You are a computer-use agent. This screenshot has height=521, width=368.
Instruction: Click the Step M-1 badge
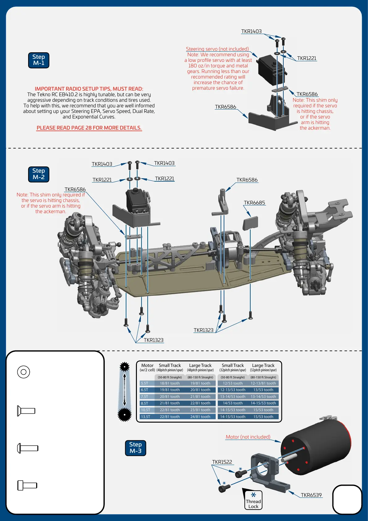pos(39,60)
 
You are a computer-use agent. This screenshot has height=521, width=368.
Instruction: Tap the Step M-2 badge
pos(39,174)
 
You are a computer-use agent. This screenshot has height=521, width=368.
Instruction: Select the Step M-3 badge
pos(135,448)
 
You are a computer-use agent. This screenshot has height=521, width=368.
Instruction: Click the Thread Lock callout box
pos(253,500)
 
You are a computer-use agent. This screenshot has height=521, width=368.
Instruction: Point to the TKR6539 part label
pos(311,495)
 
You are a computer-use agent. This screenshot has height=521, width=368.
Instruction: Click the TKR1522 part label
pos(222,462)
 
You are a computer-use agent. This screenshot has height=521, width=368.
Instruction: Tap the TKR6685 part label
pos(254,203)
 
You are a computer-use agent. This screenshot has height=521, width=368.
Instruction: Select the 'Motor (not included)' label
pos(248,437)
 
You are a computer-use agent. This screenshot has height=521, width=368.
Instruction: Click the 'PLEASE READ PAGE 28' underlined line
pos(89,128)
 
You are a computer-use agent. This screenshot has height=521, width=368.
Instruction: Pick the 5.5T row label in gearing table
pos(145,383)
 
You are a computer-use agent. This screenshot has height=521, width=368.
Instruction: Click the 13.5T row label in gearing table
pos(146,417)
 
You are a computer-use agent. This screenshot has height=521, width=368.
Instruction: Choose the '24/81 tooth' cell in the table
pos(200,417)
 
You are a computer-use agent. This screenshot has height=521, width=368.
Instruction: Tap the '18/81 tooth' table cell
pos(170,383)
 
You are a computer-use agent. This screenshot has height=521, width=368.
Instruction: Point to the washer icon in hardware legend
pos(23,372)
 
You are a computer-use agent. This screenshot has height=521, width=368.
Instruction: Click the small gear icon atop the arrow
pos(125,367)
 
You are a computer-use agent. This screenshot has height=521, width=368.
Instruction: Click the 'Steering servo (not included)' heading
pos(217,49)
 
